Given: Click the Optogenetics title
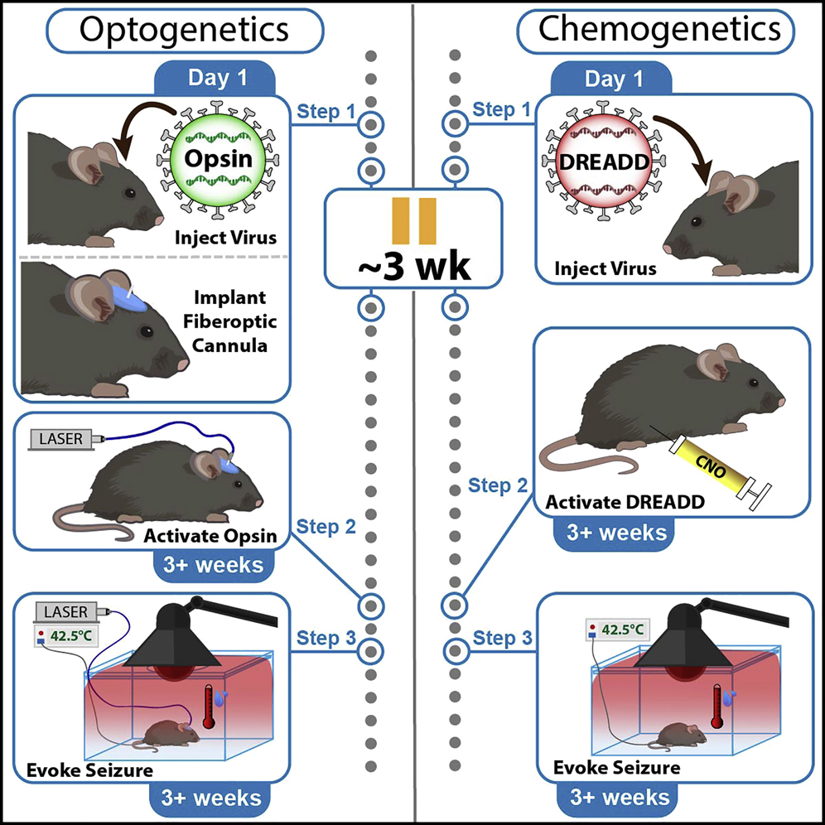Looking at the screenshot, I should click(183, 30).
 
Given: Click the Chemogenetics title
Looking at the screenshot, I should click(660, 30).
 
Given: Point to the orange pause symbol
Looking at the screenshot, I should click(414, 221).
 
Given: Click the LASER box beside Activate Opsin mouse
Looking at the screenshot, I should click(62, 439).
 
